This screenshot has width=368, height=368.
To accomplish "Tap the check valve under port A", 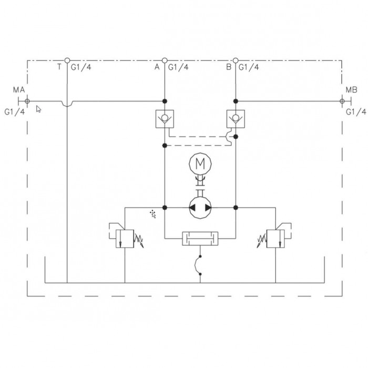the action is [x=165, y=119].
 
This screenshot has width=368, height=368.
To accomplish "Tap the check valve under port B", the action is [x=236, y=119].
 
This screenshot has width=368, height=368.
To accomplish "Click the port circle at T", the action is [x=67, y=60].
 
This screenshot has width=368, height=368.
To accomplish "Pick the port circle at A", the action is [x=165, y=60].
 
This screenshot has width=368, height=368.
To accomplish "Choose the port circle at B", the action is [x=236, y=60].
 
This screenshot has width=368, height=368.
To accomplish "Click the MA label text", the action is [x=19, y=90].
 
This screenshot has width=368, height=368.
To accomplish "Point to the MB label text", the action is [x=351, y=90].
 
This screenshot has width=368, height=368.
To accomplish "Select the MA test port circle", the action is [x=27, y=101].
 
